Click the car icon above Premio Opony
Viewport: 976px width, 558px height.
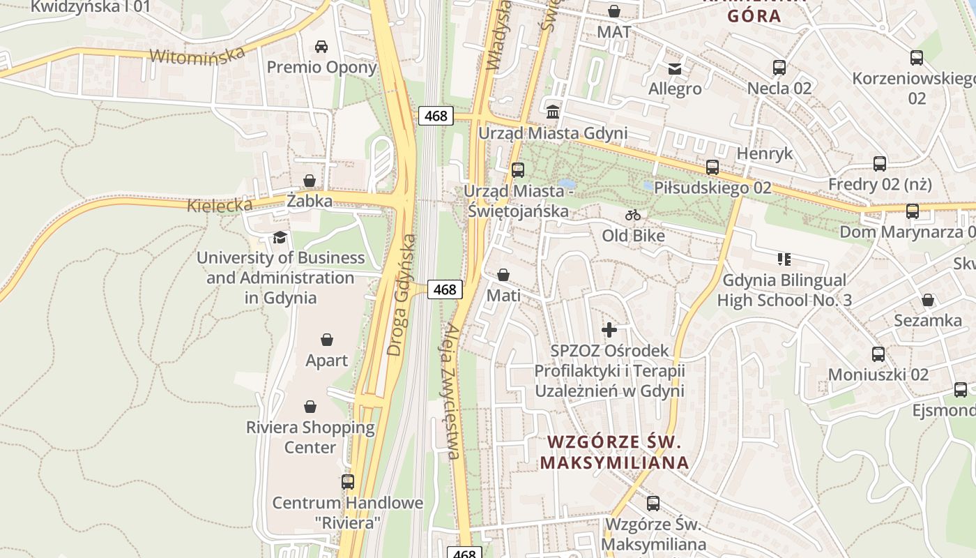click(321, 47)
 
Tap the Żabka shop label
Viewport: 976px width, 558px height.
click(310, 201)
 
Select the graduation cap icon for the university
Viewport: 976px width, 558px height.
click(280, 237)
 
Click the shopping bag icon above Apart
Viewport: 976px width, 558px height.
click(327, 340)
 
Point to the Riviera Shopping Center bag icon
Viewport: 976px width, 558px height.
click(310, 406)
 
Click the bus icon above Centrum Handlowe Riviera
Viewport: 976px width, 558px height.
click(347, 481)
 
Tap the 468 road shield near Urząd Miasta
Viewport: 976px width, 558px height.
click(436, 116)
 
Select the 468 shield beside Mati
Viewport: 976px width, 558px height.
click(445, 289)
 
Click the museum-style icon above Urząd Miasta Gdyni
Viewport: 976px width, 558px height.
click(553, 112)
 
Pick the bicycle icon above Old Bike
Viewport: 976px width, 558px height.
click(633, 215)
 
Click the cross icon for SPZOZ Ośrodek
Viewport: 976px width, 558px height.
click(609, 329)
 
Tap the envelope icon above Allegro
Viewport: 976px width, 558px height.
click(675, 68)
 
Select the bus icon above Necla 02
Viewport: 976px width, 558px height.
click(779, 68)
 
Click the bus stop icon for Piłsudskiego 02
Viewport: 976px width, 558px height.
click(712, 167)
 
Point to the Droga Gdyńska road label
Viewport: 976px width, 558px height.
click(403, 294)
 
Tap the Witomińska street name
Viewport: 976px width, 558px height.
click(197, 55)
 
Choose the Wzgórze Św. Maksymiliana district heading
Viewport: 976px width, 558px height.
click(614, 452)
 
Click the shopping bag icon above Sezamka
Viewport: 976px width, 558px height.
click(928, 300)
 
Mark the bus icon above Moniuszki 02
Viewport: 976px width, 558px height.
click(878, 354)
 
